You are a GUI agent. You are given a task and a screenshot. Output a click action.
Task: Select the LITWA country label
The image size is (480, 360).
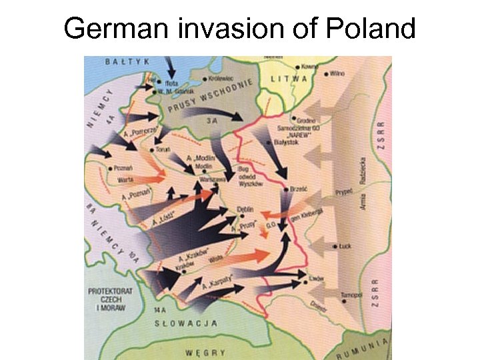click(x=289, y=79)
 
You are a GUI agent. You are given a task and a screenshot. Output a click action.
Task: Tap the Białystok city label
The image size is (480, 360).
click(x=288, y=142)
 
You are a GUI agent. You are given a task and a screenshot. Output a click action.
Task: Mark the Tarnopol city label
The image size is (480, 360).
click(x=351, y=294)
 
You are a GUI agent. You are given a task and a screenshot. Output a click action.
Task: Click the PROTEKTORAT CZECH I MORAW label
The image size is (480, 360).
click(x=110, y=299)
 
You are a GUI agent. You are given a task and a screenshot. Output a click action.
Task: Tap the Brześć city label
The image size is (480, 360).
click(x=298, y=189)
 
